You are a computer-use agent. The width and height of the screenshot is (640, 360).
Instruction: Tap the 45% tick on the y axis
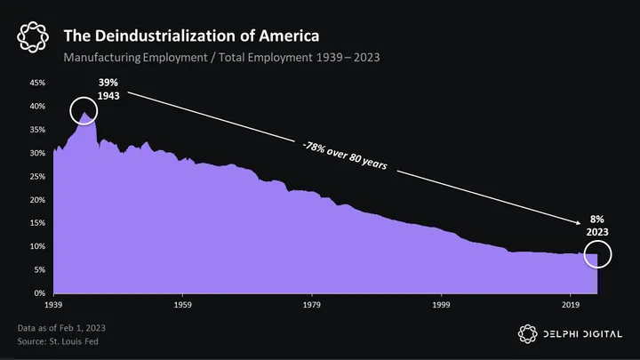[x=37, y=83]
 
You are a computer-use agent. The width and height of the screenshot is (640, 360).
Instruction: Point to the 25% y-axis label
[x=37, y=176]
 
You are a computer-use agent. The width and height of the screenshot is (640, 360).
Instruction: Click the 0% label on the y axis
[x=40, y=292]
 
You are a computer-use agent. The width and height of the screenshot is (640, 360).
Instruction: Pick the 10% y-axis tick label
[x=37, y=246]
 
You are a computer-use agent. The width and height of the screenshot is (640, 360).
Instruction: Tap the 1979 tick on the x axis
[x=312, y=304]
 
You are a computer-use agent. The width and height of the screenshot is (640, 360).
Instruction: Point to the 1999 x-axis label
[x=441, y=304]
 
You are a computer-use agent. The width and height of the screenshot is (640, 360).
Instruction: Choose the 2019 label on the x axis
[x=570, y=304]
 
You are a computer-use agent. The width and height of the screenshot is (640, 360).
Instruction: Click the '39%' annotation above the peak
[x=108, y=82]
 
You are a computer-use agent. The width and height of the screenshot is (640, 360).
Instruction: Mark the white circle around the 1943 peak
[x=86, y=113]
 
